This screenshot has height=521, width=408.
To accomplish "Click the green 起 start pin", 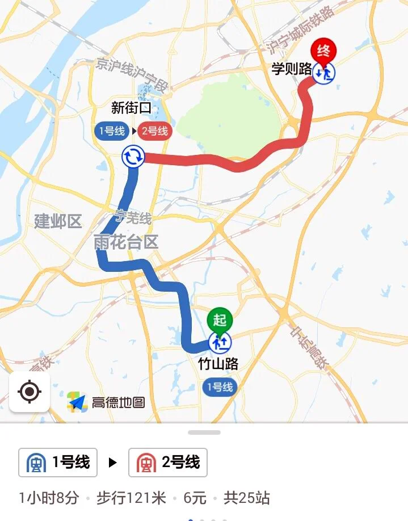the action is click(x=220, y=320).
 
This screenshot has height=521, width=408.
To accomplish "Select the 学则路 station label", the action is click(x=292, y=69).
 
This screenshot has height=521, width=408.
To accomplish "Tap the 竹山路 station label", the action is click(x=218, y=363).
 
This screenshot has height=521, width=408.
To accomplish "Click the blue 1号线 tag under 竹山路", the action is click(x=220, y=387).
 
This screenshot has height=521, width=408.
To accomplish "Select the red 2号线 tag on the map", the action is click(x=155, y=131).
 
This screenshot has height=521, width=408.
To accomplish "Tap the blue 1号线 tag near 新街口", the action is click(x=112, y=131).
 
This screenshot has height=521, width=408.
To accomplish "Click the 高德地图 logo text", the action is click(x=118, y=402).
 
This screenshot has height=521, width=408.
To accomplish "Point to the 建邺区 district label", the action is click(x=58, y=221).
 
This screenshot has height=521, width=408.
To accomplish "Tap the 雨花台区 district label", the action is click(x=126, y=242).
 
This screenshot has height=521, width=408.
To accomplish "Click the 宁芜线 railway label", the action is click(x=133, y=217).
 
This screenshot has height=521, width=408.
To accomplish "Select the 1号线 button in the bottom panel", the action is click(x=58, y=463).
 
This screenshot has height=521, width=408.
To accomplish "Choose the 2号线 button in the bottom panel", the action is click(x=168, y=463).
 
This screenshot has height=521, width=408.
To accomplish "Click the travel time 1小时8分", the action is click(x=49, y=498).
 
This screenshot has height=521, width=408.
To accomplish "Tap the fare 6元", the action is click(x=195, y=498).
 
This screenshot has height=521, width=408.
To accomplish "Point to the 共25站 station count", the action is click(x=246, y=498).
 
